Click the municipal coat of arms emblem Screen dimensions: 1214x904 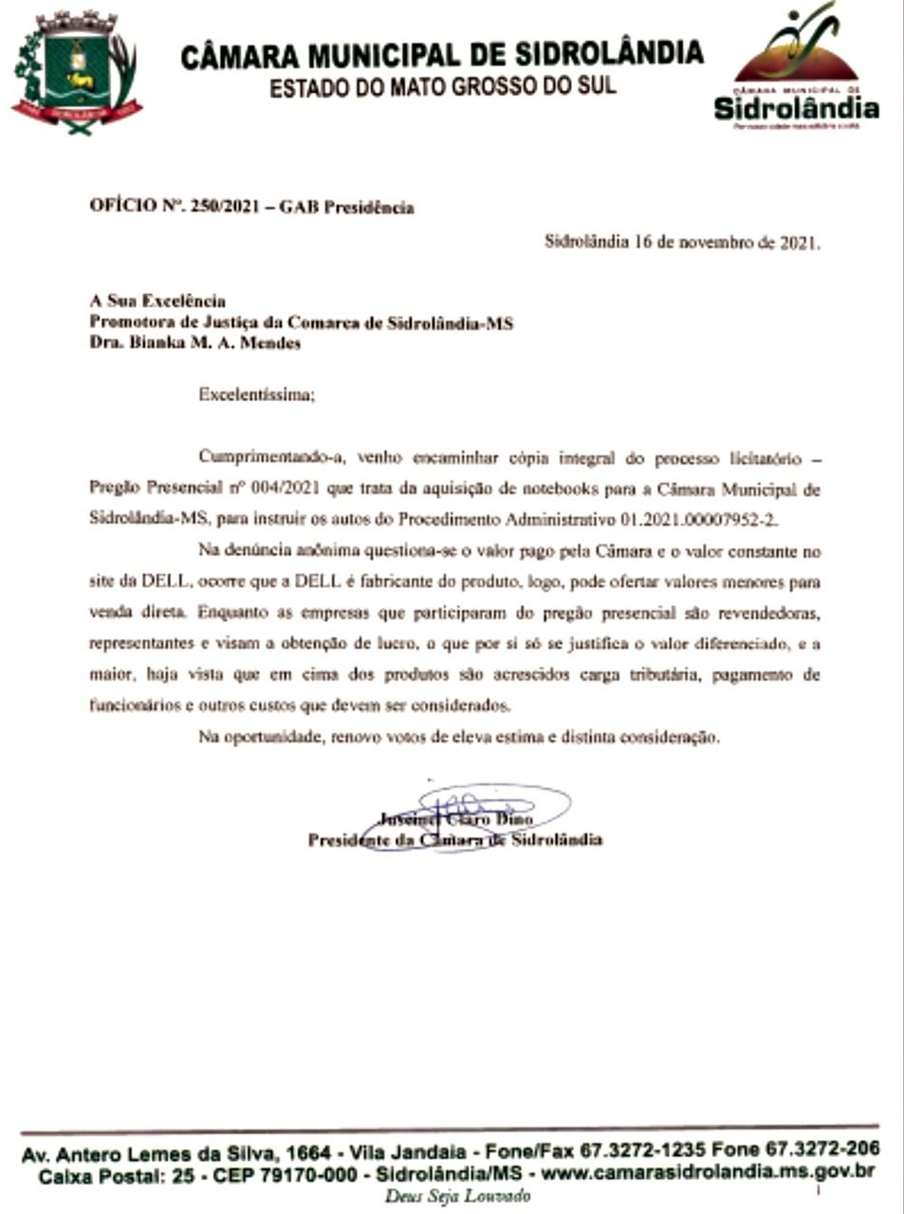pos(76,73)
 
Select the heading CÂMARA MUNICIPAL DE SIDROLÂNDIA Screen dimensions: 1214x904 pos(442,54)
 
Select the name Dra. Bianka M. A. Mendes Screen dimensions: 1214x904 pos(194,343)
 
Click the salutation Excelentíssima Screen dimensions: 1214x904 pos(255,395)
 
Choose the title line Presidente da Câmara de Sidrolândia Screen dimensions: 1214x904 pos(455,839)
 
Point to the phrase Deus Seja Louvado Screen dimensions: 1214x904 pos(456,1196)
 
